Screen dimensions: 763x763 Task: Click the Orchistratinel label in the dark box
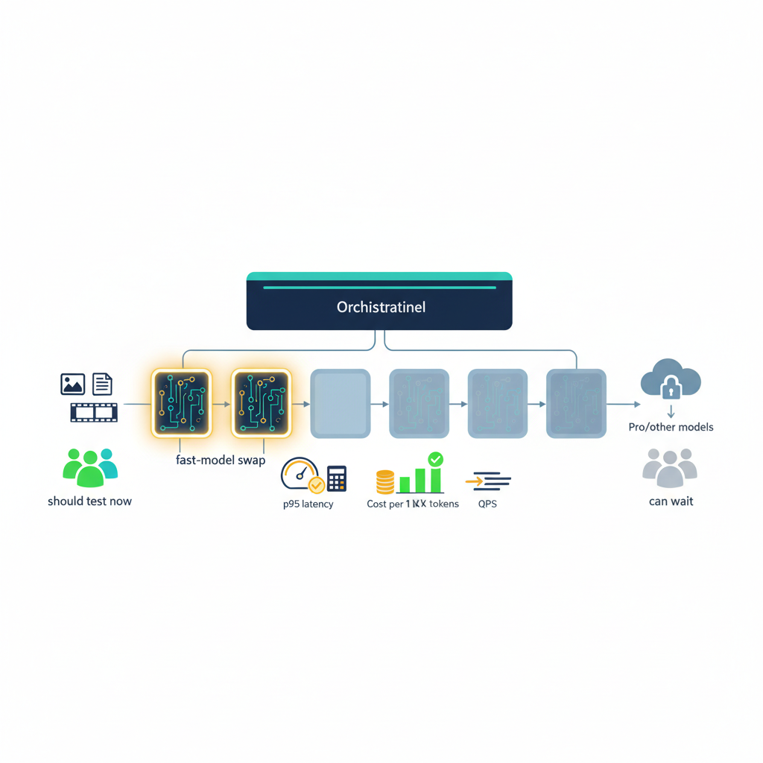point(381,307)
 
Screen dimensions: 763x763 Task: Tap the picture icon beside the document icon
point(72,384)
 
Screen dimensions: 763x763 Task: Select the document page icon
point(102,384)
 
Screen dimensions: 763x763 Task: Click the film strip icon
point(94,411)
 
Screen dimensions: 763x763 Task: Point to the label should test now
point(89,501)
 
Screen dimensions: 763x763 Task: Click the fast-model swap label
point(221,460)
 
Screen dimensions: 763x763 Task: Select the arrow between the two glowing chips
point(221,404)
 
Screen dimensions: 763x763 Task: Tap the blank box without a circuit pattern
point(340,403)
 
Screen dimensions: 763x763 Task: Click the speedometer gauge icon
point(299,474)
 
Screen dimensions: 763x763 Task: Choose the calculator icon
point(337,478)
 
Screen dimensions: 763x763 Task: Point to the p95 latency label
point(308,504)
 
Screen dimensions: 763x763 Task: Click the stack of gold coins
point(384,482)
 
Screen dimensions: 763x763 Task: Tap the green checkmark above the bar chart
point(435,459)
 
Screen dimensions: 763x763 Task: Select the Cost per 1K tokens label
point(413,504)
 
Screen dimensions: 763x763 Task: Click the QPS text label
point(488,504)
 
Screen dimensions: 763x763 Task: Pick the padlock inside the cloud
point(671,387)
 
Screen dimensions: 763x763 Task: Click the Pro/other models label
point(671,427)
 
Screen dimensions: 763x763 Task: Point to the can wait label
point(671,501)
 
